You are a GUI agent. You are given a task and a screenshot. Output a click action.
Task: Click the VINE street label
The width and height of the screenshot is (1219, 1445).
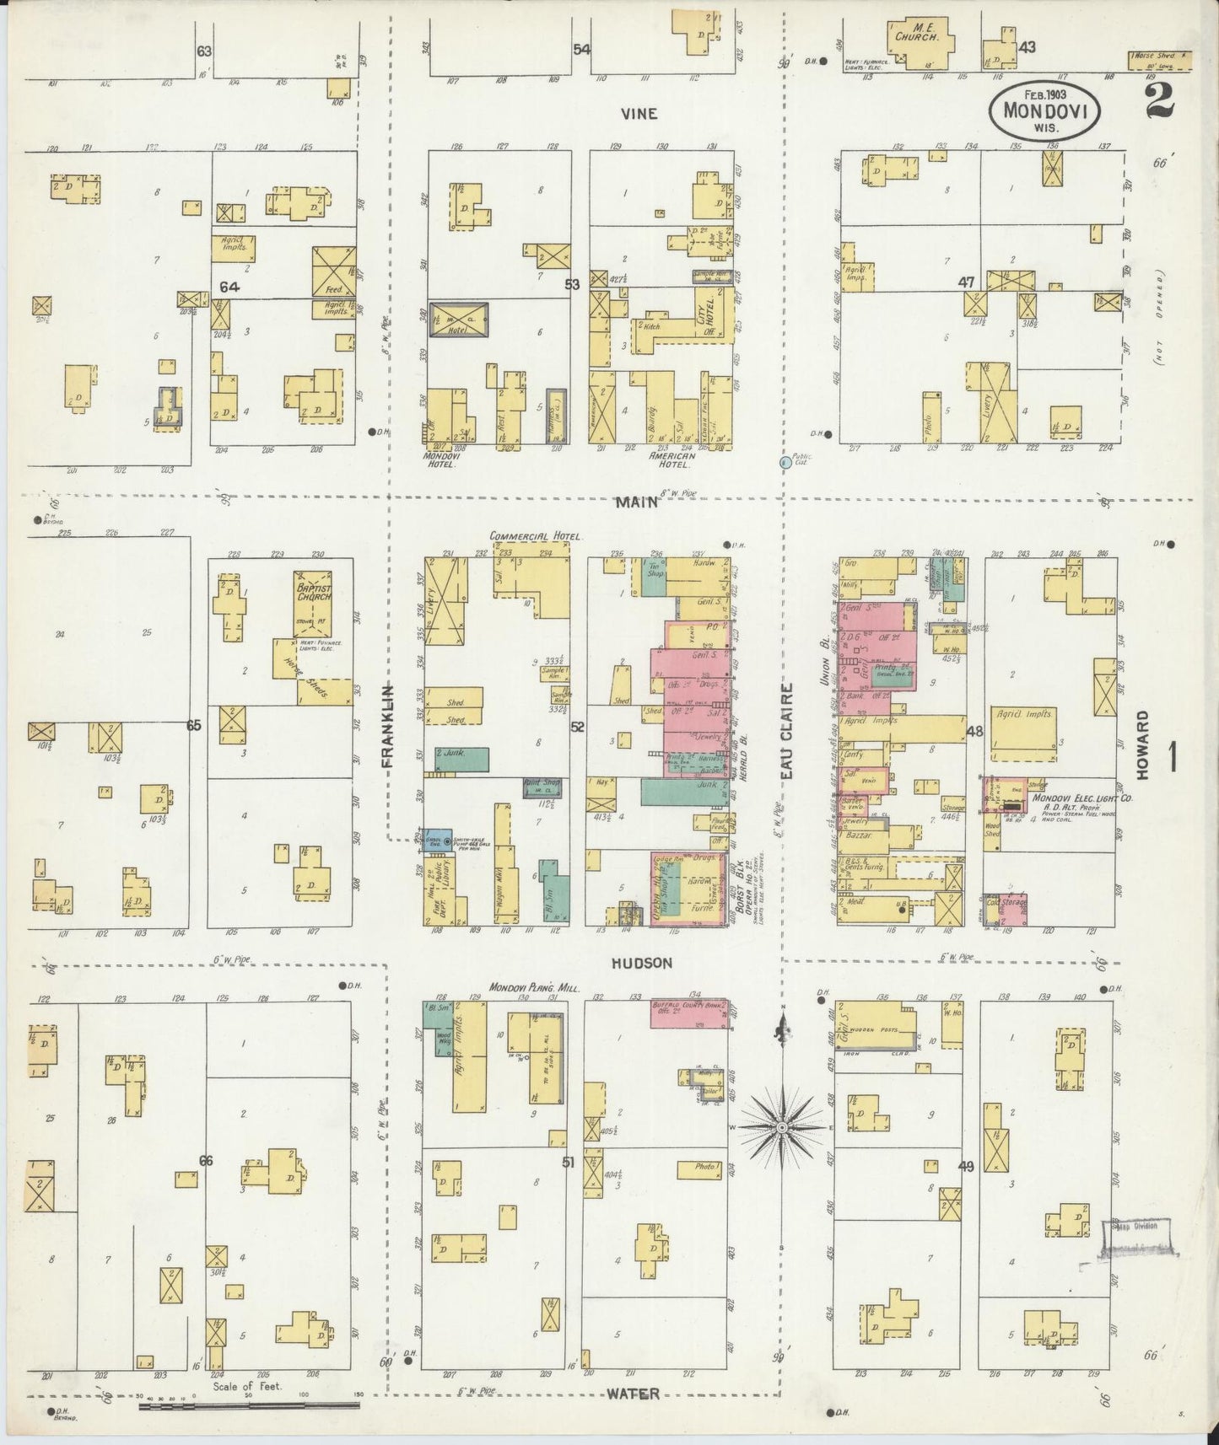tap(639, 114)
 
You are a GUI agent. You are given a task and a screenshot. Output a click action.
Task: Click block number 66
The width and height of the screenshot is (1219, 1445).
tap(205, 1161)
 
